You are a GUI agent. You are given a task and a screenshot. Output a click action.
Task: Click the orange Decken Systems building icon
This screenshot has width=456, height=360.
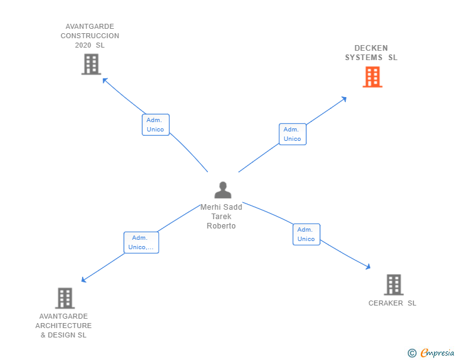point(373,77)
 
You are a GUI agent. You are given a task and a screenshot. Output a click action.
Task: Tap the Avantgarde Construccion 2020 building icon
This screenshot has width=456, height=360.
point(91,64)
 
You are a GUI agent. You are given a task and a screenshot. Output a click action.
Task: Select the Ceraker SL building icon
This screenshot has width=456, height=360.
point(393,285)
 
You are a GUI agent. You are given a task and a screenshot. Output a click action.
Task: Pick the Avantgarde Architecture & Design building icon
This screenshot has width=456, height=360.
point(65,298)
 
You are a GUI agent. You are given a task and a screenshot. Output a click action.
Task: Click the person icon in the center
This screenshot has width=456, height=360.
point(222,190)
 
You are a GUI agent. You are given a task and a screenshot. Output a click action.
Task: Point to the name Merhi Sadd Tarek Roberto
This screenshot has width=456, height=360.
point(221,217)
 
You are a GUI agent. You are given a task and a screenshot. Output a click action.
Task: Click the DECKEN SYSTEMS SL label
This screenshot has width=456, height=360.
point(371,53)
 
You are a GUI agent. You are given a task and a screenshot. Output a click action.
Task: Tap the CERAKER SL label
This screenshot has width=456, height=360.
point(392,304)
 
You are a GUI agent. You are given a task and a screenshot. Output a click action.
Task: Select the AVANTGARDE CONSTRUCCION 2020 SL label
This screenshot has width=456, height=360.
point(90,36)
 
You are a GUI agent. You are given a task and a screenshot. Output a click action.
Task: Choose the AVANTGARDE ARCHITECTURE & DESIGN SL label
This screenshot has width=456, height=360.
point(63,326)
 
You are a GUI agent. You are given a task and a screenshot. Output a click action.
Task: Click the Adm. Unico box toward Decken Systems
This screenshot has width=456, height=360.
point(293,134)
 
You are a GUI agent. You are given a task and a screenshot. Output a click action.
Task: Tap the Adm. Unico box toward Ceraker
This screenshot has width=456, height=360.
point(306,234)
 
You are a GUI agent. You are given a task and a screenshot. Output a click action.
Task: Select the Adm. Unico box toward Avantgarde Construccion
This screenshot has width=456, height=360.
point(155,125)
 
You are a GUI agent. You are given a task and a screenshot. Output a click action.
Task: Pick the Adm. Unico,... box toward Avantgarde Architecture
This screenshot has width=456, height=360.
point(141,242)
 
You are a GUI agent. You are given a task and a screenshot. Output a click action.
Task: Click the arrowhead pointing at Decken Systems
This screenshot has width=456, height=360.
point(344,99)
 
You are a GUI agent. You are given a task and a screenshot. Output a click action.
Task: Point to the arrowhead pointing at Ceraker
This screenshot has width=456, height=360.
point(368,267)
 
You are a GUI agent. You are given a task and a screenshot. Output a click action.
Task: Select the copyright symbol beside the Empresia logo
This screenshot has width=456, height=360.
point(412,353)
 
